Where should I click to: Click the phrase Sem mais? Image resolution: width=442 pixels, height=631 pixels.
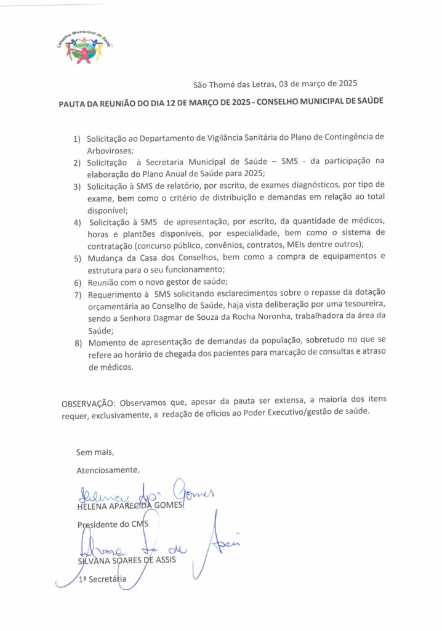95,452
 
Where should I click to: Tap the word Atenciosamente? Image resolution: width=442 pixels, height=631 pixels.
108,470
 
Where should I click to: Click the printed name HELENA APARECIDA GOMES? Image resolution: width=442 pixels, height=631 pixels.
130,506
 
